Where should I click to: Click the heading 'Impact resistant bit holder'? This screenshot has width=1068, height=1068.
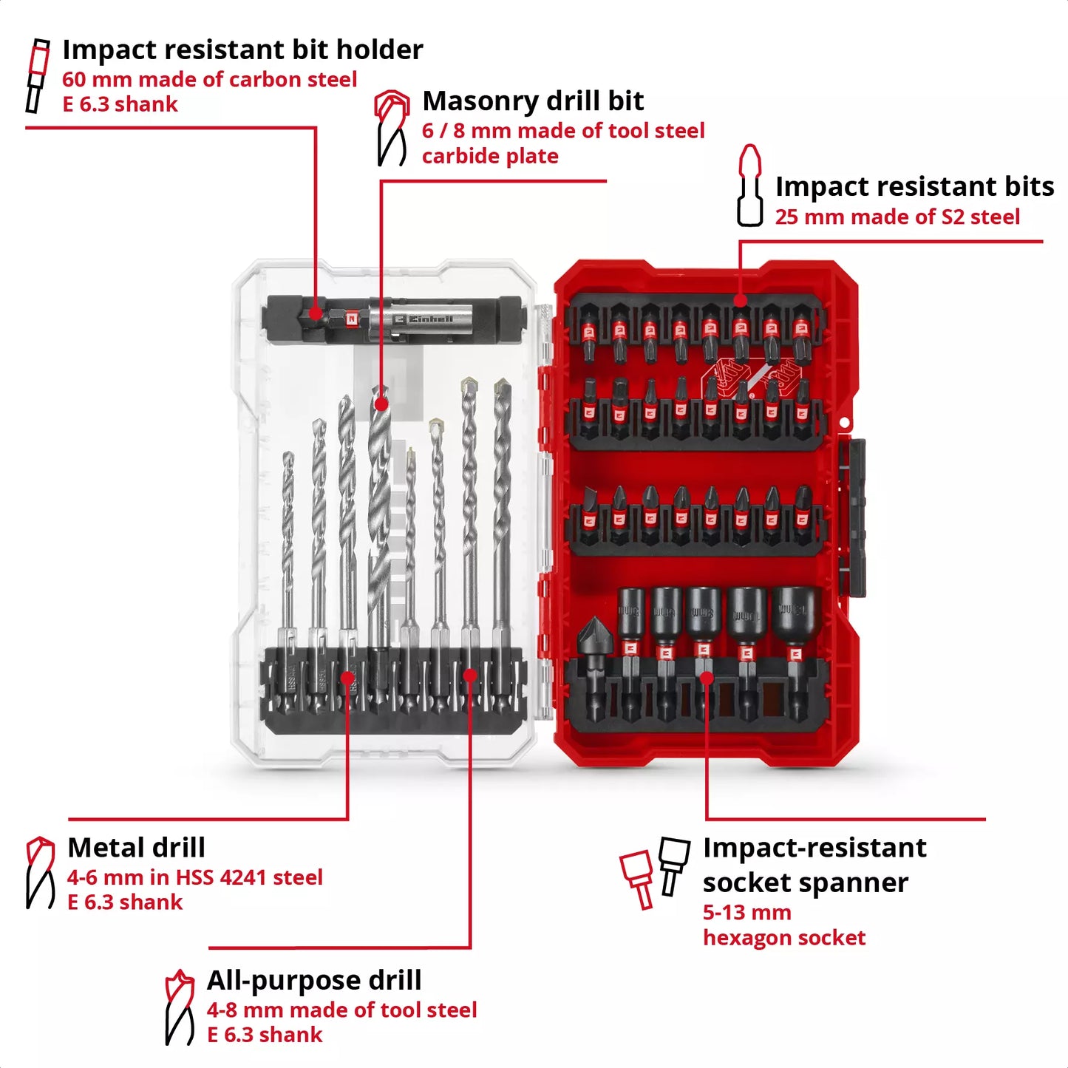click(242, 50)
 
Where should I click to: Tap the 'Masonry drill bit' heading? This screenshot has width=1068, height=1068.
click(533, 101)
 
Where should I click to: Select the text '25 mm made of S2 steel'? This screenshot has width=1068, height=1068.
click(897, 217)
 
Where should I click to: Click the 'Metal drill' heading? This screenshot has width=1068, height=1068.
click(136, 847)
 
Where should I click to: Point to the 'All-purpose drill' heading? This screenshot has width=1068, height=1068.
click(314, 980)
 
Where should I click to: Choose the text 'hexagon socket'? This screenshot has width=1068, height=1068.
click(783, 937)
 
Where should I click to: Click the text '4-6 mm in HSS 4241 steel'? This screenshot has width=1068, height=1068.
click(195, 877)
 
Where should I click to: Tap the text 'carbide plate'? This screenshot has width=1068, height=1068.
click(490, 156)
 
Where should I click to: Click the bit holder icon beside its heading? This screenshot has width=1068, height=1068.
click(37, 76)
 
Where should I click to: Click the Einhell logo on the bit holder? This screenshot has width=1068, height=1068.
click(424, 319)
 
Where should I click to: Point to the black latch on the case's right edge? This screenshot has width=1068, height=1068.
click(856, 517)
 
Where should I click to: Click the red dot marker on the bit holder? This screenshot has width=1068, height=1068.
click(316, 313)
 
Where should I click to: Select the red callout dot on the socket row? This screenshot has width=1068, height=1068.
click(707, 677)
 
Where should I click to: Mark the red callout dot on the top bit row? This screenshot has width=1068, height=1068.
click(740, 300)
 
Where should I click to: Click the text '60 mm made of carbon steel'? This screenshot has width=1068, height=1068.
click(209, 79)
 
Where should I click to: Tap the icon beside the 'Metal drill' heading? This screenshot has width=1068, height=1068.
click(40, 873)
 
